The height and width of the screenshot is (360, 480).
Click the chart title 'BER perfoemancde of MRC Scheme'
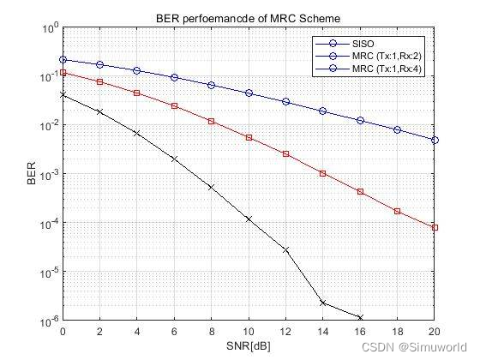(x=249, y=17)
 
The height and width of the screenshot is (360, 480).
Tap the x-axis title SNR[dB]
(x=249, y=345)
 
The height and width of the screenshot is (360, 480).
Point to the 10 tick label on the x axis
(x=249, y=331)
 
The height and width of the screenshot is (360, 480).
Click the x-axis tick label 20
(x=435, y=331)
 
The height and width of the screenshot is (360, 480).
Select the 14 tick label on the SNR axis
(x=323, y=331)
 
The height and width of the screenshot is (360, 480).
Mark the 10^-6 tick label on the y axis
(x=47, y=321)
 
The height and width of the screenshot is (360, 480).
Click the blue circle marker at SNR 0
(x=63, y=60)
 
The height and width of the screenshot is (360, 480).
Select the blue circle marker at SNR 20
(x=435, y=140)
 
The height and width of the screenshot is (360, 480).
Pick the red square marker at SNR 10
(x=249, y=137)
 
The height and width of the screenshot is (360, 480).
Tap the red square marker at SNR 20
(x=435, y=227)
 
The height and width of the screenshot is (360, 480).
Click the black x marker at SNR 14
(x=323, y=303)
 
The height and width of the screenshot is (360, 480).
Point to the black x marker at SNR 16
(x=360, y=317)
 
